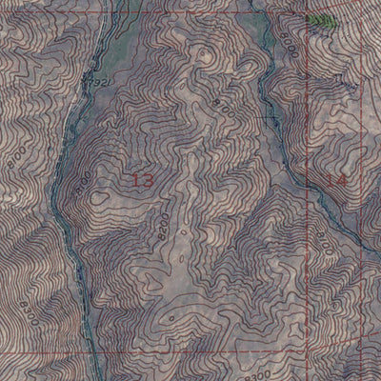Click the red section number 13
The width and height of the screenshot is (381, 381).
[140, 179]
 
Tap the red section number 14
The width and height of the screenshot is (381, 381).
[335, 179]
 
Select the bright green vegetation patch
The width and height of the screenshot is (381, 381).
[322, 20]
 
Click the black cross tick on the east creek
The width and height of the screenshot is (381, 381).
[276, 117]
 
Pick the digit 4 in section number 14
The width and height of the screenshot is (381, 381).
[341, 179]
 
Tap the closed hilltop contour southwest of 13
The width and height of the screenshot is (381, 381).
[100, 197]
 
